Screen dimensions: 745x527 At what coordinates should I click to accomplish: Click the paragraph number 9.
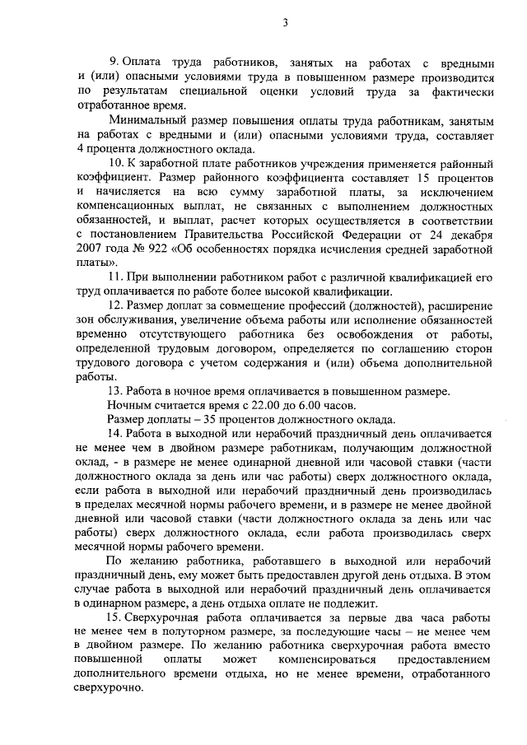click(x=114, y=63)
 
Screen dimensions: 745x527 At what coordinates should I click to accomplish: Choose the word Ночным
click(x=130, y=404)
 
